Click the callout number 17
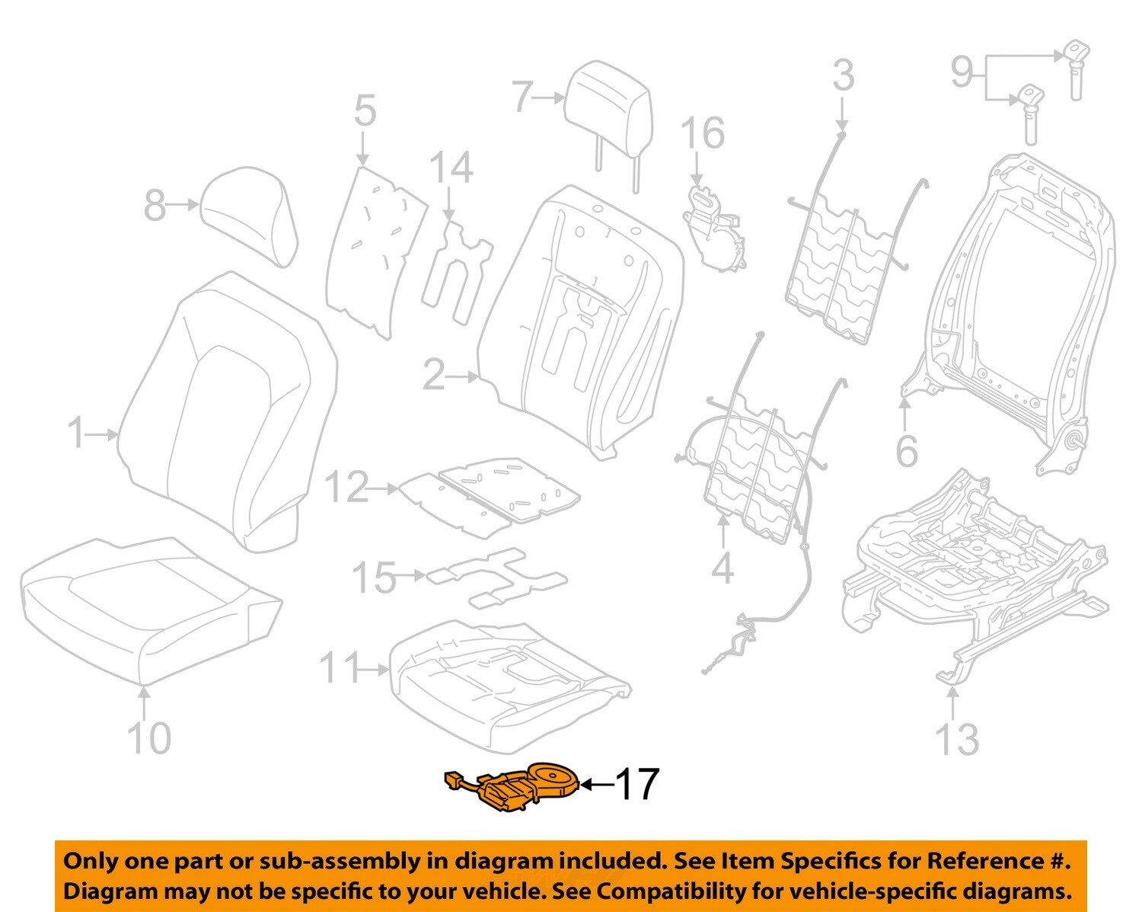pos(636,784)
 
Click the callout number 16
pos(702,133)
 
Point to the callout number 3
pos(843,75)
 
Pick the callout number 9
pos(962,72)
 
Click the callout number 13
pos(956,739)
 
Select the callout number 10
pos(148,738)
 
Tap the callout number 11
pos(339,668)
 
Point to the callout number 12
pos(346,488)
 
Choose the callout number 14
pos(451,168)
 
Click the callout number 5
pos(365,110)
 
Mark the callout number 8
pos(155,205)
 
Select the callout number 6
pos(906,451)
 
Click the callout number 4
pos(722,568)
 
